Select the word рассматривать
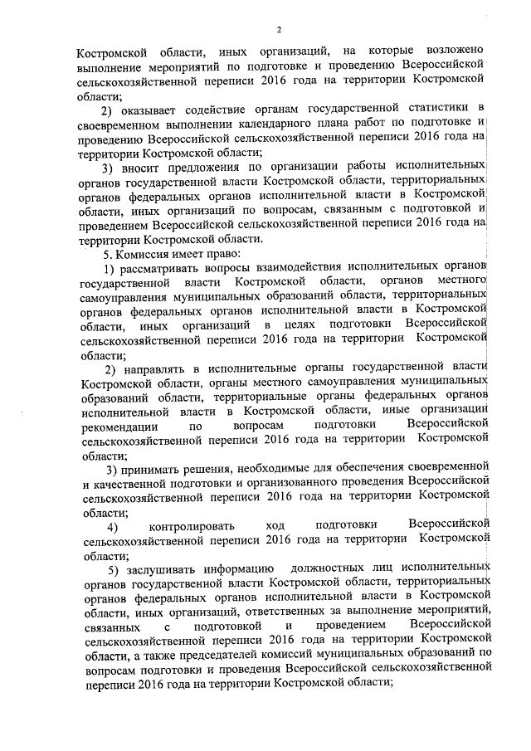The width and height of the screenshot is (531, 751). [158, 267]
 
